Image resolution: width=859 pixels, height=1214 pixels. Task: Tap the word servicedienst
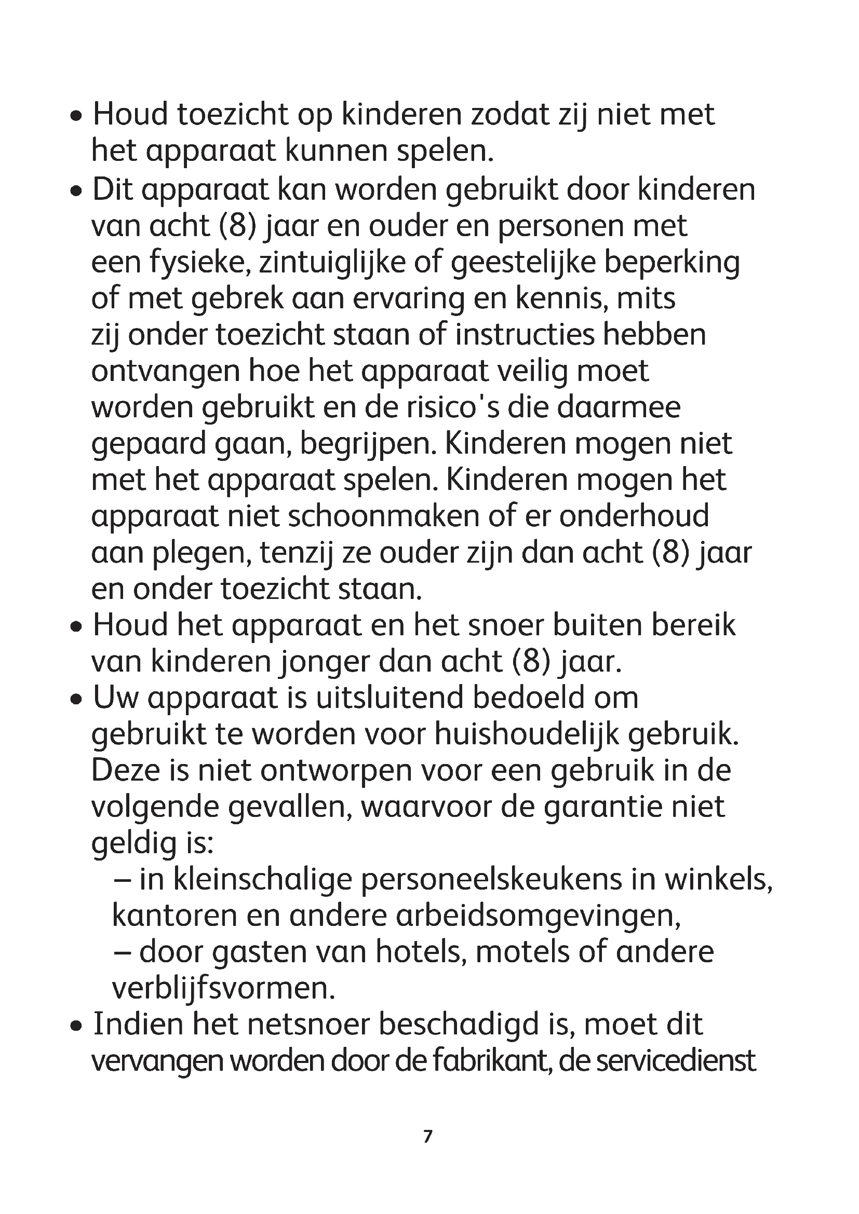657,1060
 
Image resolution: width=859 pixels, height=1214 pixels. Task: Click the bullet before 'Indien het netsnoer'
77,1026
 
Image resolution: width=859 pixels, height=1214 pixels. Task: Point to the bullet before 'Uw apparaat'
77,700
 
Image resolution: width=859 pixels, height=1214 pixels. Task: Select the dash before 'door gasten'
122,952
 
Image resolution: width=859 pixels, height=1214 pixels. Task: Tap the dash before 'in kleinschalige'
122,880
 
